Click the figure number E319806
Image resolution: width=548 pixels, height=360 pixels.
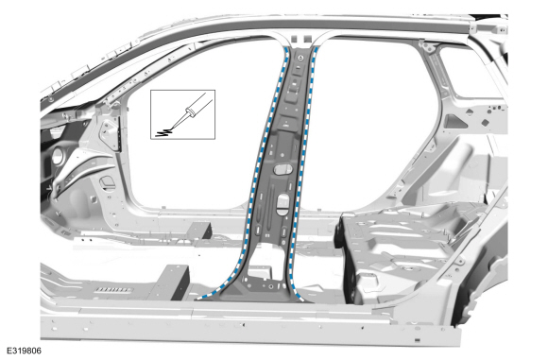pyautogui.click(x=25, y=351)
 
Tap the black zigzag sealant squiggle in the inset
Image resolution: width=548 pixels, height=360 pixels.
pyautogui.click(x=163, y=132)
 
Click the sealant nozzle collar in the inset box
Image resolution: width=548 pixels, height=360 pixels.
pyautogui.click(x=191, y=111)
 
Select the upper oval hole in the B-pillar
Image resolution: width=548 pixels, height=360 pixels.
pyautogui.click(x=283, y=169)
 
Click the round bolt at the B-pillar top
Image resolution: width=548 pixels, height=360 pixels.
pyautogui.click(x=301, y=58)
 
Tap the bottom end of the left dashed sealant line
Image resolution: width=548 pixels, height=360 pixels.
pyautogui.click(x=197, y=299)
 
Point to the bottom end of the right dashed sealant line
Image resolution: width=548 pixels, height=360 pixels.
pyautogui.click(x=301, y=300)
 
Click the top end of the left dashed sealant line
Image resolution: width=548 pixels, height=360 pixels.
pyautogui.click(x=287, y=49)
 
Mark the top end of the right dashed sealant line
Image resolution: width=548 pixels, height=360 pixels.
pyautogui.click(x=316, y=49)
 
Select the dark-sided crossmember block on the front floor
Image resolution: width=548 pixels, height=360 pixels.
pyautogui.click(x=175, y=283)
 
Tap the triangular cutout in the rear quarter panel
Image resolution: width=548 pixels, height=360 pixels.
pyautogui.click(x=454, y=121)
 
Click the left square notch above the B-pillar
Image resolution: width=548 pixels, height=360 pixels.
pyautogui.click(x=295, y=38)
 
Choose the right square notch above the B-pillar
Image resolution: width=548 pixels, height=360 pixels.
pyautogui.click(x=307, y=38)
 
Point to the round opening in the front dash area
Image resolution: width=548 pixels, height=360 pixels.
pyautogui.click(x=58, y=156)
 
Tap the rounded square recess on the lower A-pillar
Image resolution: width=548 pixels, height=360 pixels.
pyautogui.click(x=108, y=182)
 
